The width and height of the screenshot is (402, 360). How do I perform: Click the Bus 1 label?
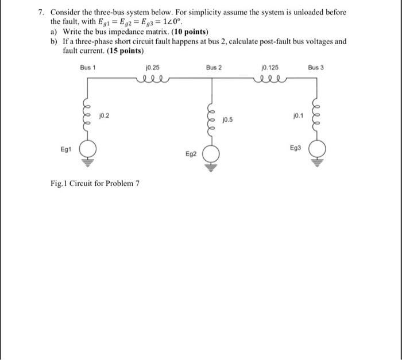pos(88,68)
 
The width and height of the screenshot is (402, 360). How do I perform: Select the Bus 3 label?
pos(316,68)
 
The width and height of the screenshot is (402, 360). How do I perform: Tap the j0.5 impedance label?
pos(227,120)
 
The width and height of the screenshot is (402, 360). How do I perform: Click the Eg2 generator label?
pos(191,154)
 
